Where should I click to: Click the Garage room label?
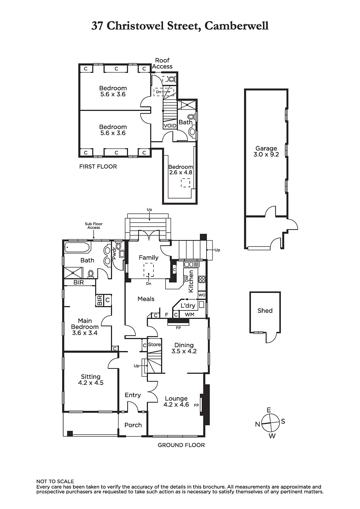[x=266, y=148]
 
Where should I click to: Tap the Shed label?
[x=265, y=310]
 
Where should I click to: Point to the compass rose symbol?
[x=271, y=423]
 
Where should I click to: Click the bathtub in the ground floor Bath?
[x=76, y=247]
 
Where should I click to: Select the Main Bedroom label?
[x=85, y=324]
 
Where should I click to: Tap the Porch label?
[x=133, y=425]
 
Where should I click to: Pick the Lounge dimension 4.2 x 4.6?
[x=176, y=404]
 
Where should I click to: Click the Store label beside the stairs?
[x=154, y=345]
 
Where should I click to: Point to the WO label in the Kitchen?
[x=202, y=295]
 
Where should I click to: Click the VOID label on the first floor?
[x=170, y=126]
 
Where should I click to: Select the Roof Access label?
[x=162, y=63]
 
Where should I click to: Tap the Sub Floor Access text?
[x=94, y=226]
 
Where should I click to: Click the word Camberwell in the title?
[x=236, y=26]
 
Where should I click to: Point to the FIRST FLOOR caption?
[x=98, y=167]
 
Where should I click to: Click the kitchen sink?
[x=191, y=264]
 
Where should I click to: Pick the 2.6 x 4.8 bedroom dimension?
[x=180, y=172]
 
